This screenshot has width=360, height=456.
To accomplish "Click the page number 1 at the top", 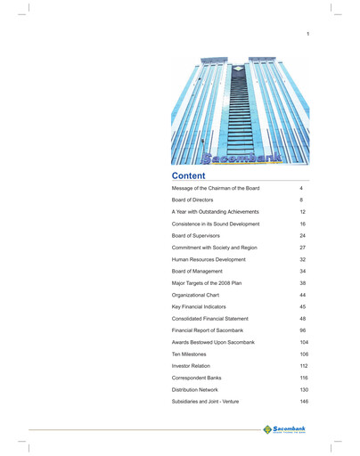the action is [x=307, y=34].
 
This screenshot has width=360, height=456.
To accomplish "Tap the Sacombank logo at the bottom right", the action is [x=286, y=431].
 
